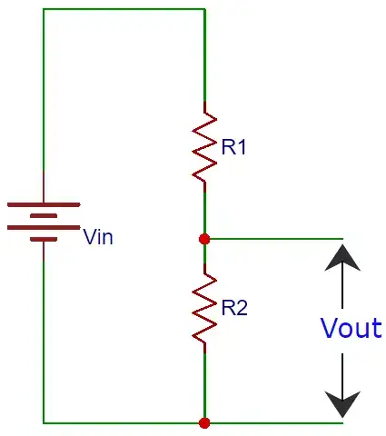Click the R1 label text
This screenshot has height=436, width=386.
click(234, 147)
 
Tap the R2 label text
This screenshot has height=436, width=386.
click(234, 308)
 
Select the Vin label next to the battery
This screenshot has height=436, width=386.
click(99, 238)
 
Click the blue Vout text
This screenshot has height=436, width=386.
click(351, 329)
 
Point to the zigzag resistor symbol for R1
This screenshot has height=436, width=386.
click(204, 146)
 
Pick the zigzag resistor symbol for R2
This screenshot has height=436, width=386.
click(204, 307)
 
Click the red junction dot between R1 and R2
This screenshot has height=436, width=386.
click(204, 239)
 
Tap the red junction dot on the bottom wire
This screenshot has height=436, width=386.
click(204, 422)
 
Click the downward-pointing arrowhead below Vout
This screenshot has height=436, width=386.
click(342, 402)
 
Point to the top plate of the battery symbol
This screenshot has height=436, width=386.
click(44, 204)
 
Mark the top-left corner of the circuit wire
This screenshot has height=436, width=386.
click(44, 10)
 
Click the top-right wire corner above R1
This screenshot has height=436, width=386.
click(204, 10)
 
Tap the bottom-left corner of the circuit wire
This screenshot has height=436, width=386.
click(44, 422)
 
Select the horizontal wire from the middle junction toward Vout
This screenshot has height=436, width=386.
click(272, 239)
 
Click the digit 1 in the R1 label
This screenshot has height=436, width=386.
click(242, 147)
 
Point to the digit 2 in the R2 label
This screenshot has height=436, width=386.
click(242, 308)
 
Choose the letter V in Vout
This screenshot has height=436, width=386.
click(330, 329)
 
